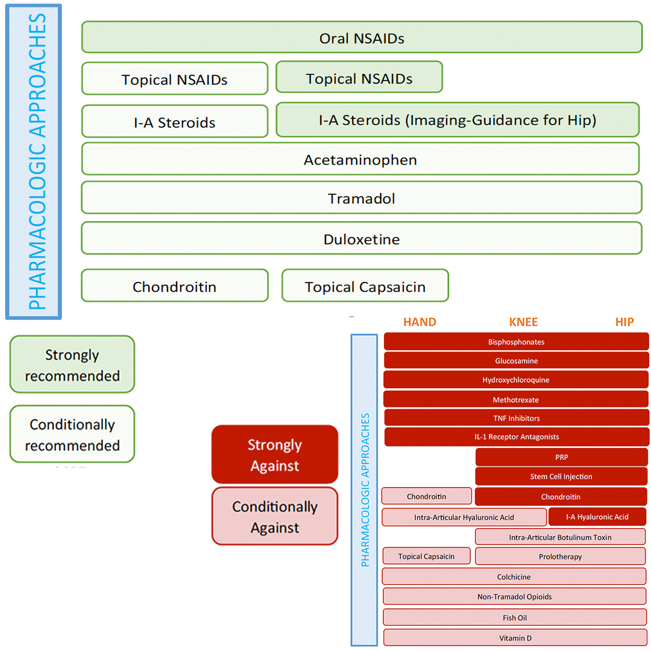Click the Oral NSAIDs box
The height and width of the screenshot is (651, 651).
click(x=362, y=37)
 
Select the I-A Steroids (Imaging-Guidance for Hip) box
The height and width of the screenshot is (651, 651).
click(x=457, y=119)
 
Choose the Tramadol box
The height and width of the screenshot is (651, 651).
click(x=361, y=198)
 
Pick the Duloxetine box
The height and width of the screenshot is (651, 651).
click(x=361, y=238)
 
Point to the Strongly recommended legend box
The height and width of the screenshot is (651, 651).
click(x=72, y=364)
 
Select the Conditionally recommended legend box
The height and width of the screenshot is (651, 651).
click(x=72, y=434)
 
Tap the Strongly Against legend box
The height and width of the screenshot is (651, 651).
click(x=275, y=454)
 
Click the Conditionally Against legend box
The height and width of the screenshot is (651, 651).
click(x=275, y=516)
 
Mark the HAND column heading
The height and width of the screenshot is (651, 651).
click(x=420, y=322)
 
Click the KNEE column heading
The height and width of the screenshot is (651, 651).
click(x=523, y=322)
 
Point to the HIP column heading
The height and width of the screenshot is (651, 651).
click(x=624, y=322)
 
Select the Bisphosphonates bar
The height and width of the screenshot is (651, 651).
click(x=516, y=342)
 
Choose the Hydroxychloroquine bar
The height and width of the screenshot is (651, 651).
click(x=515, y=380)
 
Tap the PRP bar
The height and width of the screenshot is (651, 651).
click(x=561, y=457)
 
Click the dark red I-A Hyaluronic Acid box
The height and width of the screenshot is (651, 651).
click(x=597, y=517)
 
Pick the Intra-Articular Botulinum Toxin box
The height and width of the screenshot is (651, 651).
click(x=560, y=536)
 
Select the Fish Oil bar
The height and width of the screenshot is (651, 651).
click(x=515, y=617)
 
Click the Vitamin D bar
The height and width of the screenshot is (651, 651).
click(x=515, y=637)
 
